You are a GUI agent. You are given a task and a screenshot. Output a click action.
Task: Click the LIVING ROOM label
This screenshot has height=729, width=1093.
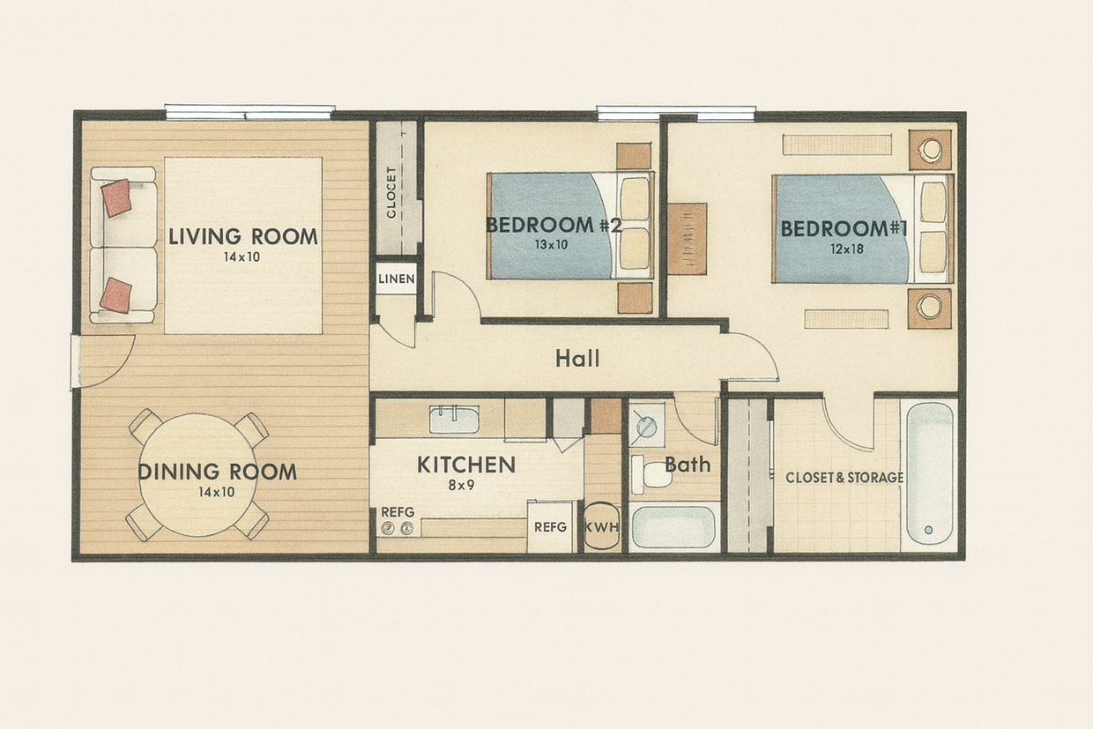[x=242, y=236]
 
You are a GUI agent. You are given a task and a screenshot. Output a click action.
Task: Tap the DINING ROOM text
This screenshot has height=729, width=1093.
[x=217, y=472]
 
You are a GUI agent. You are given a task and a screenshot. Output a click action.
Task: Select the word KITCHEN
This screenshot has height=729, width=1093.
[x=465, y=465]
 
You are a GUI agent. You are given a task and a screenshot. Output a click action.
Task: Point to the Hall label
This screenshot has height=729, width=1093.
[x=577, y=358]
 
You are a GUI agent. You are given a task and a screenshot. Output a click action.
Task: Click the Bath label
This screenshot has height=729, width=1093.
[x=688, y=464]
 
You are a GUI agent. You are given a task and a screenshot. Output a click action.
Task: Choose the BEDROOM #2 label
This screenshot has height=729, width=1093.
[x=554, y=225]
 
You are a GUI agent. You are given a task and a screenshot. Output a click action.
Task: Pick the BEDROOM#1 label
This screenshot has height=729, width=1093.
[x=844, y=228]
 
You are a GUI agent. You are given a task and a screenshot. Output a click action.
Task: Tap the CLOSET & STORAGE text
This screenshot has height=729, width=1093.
[x=844, y=478]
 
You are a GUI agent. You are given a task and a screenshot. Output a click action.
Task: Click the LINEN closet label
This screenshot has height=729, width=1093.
[x=396, y=279]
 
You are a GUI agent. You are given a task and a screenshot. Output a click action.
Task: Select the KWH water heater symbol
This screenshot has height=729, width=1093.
[x=602, y=527]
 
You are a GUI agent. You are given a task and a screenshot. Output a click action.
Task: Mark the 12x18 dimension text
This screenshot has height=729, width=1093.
[x=844, y=249]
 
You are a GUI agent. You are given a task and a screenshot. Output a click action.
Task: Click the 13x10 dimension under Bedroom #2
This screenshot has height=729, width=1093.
[x=550, y=245]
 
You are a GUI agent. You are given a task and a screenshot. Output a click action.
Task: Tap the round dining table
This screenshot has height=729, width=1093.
[x=198, y=474]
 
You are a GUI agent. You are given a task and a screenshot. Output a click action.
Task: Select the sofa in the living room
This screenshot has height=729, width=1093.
[x=123, y=245]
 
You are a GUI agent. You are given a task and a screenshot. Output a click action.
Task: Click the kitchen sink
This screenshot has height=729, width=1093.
[x=454, y=420]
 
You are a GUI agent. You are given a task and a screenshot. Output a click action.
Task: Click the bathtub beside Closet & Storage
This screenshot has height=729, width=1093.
[x=930, y=473]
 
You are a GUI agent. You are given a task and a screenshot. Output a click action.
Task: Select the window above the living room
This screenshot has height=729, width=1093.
[x=249, y=112]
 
